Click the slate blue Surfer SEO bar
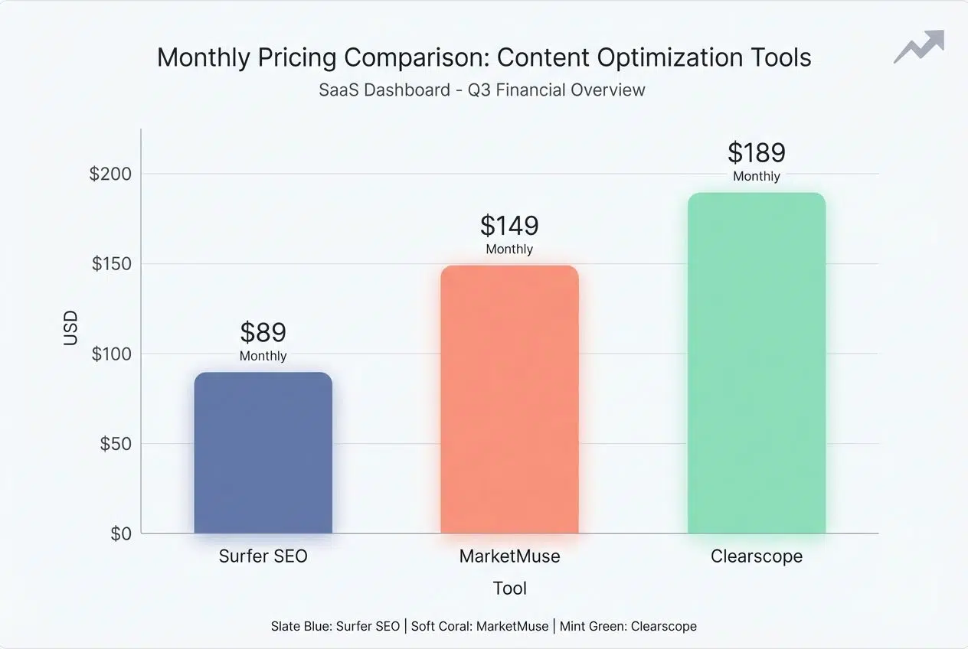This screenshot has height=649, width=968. click(x=263, y=453)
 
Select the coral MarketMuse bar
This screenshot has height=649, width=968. click(x=509, y=400)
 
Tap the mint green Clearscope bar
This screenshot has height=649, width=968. click(x=756, y=363)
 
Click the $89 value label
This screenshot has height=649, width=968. click(x=263, y=332)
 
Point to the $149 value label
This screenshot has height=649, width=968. click(x=509, y=226)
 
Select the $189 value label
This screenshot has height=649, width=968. click(x=756, y=153)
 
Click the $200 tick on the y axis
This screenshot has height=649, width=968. click(x=110, y=174)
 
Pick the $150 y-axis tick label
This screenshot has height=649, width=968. click(x=112, y=264)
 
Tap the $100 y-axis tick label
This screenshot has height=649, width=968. click(x=112, y=354)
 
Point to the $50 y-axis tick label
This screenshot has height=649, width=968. click(x=116, y=444)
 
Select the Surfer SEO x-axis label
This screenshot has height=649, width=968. click(x=263, y=556)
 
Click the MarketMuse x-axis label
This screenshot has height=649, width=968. click(x=509, y=556)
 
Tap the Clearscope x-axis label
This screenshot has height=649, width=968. click(x=756, y=556)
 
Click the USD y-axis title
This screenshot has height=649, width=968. click(x=70, y=328)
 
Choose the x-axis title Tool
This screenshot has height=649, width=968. click(x=509, y=588)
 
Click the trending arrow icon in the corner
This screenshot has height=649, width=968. click(x=919, y=47)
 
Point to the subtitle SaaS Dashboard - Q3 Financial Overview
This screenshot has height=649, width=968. click(x=482, y=90)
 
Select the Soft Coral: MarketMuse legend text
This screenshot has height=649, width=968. click(x=479, y=626)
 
